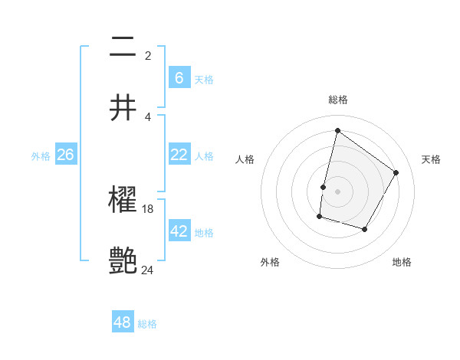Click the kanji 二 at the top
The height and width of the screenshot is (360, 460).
point(123,47)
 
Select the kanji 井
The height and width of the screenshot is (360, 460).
point(123,107)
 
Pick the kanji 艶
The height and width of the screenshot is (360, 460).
point(123,260)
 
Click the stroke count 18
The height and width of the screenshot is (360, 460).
point(148,208)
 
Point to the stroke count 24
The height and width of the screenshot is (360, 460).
point(148,270)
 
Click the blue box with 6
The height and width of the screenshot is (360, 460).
point(179,78)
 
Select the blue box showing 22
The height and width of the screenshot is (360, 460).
point(179,155)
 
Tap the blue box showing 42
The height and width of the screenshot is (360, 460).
point(179,231)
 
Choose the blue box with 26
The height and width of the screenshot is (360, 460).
point(65,155)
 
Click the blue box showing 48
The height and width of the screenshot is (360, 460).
point(123,322)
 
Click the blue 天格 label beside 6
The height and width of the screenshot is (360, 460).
point(204,80)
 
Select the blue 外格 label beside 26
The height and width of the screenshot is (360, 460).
point(41,156)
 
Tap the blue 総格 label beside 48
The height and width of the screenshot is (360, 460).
point(147,324)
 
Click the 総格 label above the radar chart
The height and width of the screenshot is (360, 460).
point(337,100)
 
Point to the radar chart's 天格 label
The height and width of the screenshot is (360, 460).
point(431,159)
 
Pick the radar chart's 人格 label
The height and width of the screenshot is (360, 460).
point(245,159)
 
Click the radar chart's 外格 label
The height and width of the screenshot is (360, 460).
point(270,263)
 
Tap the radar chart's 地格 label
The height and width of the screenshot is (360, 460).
point(402,263)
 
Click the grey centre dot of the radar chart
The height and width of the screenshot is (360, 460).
point(337,191)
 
